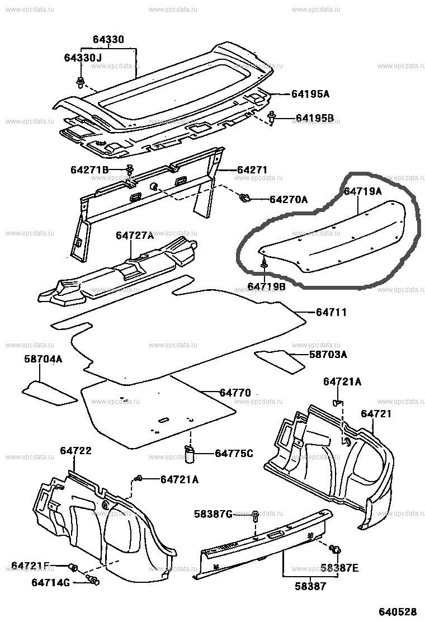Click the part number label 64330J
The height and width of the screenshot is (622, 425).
pyautogui.click(x=83, y=58)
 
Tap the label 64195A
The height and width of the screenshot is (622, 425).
pyautogui.click(x=310, y=95)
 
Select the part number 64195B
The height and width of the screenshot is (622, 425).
pyautogui.click(x=314, y=118)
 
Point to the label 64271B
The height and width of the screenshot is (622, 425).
pyautogui.click(x=90, y=169)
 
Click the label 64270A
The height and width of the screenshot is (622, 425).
pyautogui.click(x=289, y=199)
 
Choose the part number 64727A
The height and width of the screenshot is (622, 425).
pyautogui.click(x=135, y=236)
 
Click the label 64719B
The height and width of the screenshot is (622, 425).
pyautogui.click(x=267, y=286)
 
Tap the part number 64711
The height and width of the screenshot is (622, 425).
pyautogui.click(x=331, y=313)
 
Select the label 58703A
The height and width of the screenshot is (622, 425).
pyautogui.click(x=328, y=354)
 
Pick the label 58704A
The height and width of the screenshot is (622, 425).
pyautogui.click(x=43, y=360)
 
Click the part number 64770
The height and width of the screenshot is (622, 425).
pyautogui.click(x=235, y=393)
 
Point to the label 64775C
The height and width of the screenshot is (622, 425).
pyautogui.click(x=234, y=453)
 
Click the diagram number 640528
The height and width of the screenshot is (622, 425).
pyautogui.click(x=399, y=611)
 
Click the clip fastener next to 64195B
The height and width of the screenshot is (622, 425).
pyautogui.click(x=272, y=117)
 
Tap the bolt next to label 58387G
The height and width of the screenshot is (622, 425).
pyautogui.click(x=255, y=515)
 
